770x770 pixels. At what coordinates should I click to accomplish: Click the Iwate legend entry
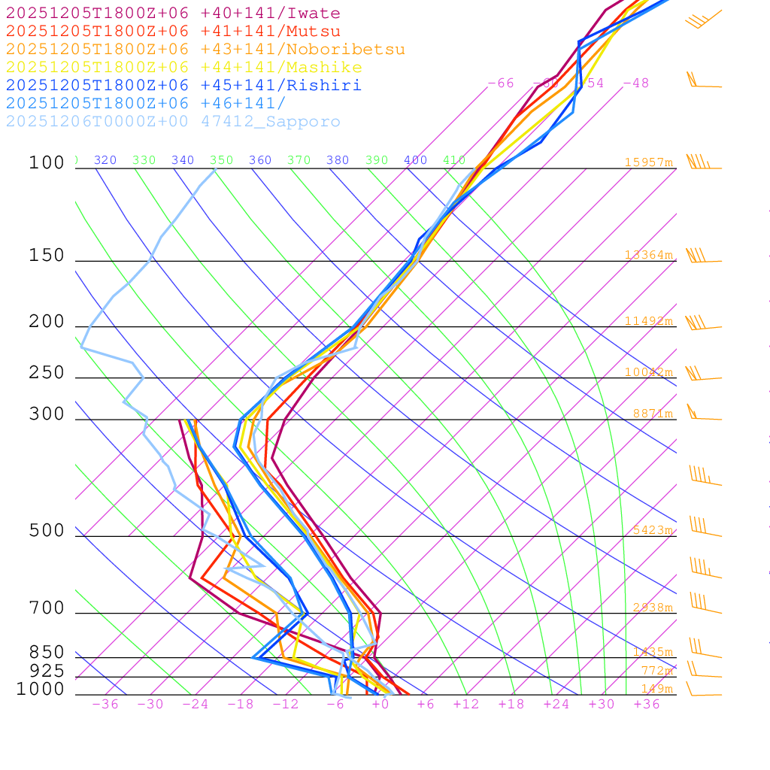pyautogui.click(x=173, y=14)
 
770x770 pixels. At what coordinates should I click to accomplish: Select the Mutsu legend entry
pyautogui.click(x=173, y=32)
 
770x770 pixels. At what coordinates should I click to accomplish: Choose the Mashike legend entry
pyautogui.click(x=183, y=68)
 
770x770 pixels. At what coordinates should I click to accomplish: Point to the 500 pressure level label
pyautogui.click(x=47, y=531)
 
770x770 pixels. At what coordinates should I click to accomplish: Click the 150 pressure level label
pyautogui.click(x=47, y=256)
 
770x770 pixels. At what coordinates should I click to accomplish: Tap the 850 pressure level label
pyautogui.click(x=47, y=652)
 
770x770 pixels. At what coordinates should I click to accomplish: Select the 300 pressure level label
pyautogui.click(x=47, y=414)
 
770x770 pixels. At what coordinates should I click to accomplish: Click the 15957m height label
pyautogui.click(x=649, y=162)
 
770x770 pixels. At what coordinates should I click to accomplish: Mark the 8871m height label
pyautogui.click(x=653, y=414)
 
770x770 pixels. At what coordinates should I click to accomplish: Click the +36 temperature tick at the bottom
pyautogui.click(x=647, y=704)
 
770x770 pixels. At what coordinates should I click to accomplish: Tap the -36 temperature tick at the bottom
pyautogui.click(x=105, y=704)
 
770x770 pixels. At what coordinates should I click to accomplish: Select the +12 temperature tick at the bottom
pyautogui.click(x=466, y=704)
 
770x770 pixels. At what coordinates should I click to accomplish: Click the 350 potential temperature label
pyautogui.click(x=222, y=160)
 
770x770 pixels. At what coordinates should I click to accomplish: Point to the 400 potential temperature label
pyautogui.click(x=416, y=160)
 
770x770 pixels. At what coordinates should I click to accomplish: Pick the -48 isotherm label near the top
pyautogui.click(x=635, y=83)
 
